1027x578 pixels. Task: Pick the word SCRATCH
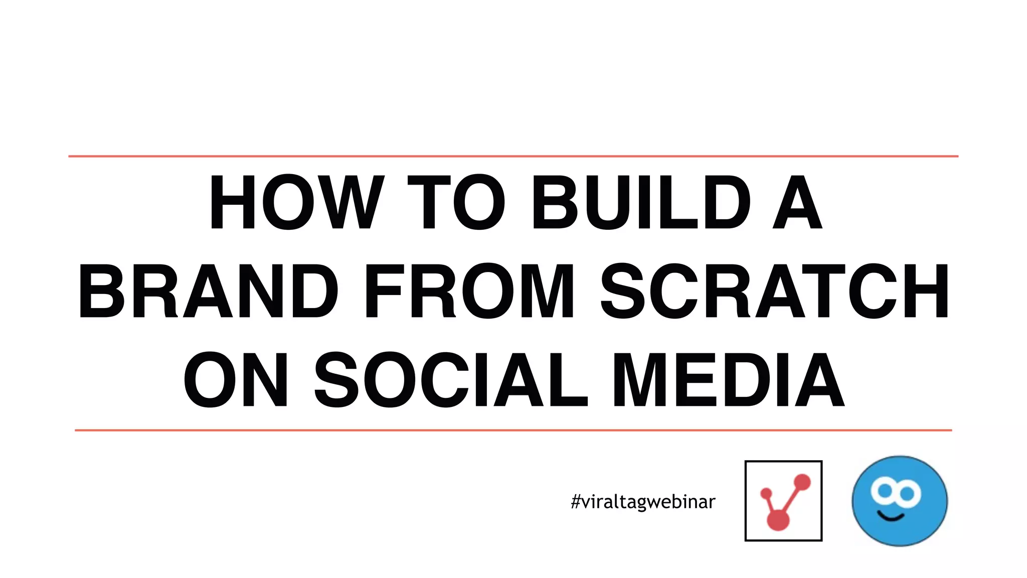(x=775, y=291)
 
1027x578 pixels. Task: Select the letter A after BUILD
(x=797, y=202)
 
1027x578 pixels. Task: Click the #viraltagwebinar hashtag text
(x=643, y=502)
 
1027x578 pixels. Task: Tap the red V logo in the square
(x=783, y=501)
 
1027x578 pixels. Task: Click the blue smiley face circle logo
(x=900, y=501)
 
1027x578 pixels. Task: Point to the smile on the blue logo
(x=891, y=517)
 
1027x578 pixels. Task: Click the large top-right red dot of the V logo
(x=802, y=482)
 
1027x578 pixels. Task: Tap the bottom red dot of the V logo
(x=778, y=520)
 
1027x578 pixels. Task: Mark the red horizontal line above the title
(x=513, y=157)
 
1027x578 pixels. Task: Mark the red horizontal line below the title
(x=513, y=430)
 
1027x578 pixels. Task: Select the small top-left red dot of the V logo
(x=766, y=494)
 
